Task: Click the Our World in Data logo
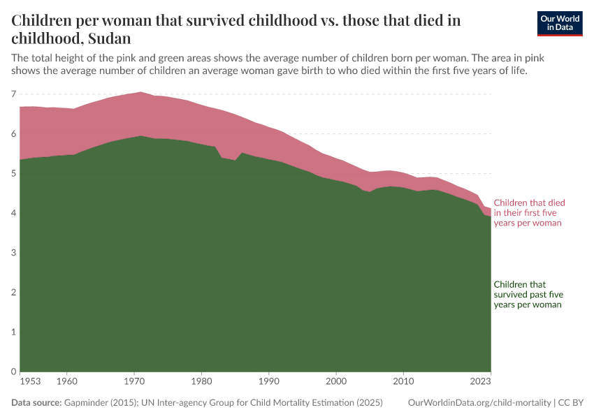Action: click(559, 23)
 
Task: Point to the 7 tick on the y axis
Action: click(14, 94)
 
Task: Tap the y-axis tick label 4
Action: click(14, 213)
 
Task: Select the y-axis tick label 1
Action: click(14, 332)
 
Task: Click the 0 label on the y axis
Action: click(14, 372)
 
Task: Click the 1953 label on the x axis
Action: click(30, 382)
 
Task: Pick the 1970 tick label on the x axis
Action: click(134, 382)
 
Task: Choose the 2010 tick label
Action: click(403, 382)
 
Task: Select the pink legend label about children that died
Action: click(529, 213)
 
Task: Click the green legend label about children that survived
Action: click(528, 295)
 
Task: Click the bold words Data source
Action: click(36, 403)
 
